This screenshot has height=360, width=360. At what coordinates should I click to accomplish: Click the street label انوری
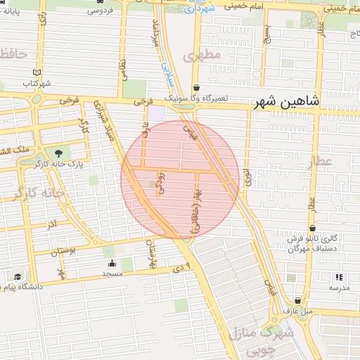247,176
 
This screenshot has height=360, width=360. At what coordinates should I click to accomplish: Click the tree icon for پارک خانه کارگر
58,153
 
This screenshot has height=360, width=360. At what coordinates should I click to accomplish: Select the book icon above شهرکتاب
37,72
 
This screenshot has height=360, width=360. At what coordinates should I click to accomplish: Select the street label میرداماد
155,33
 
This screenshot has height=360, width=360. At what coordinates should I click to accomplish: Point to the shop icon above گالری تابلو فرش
311,228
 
